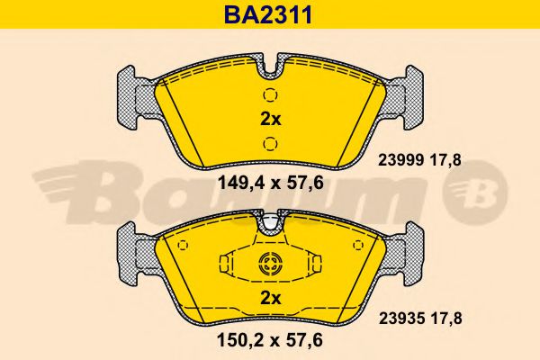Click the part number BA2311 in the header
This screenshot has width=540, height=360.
point(268,14)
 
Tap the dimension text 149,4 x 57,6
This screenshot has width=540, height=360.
point(271,183)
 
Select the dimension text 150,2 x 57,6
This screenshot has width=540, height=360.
point(270,341)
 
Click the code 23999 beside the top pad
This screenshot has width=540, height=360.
point(400,160)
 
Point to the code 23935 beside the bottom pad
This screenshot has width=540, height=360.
point(401,319)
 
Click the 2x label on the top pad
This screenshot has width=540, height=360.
point(270,119)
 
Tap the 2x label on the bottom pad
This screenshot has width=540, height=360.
point(270,298)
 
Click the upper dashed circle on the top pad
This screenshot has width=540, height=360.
point(270,94)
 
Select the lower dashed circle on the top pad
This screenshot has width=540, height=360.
point(270,143)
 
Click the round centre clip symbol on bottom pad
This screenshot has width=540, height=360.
point(270,265)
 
